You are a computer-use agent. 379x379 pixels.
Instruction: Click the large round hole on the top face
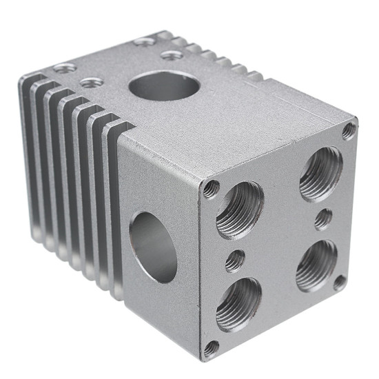click(x=163, y=87)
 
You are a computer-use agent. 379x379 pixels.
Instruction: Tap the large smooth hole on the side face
click(x=153, y=245)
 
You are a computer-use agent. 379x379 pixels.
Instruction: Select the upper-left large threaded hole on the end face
click(x=239, y=209)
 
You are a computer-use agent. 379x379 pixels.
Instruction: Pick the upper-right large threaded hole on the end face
click(x=320, y=172)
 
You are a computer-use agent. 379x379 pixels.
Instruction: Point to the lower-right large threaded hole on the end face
click(x=316, y=265)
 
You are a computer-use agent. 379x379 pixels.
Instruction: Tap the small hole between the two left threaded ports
click(x=235, y=260)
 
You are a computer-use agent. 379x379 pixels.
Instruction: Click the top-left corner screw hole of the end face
click(x=211, y=187)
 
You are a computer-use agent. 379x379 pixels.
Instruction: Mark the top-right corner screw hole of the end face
click(x=349, y=129)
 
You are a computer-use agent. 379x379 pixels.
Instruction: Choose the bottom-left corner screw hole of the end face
click(x=211, y=348)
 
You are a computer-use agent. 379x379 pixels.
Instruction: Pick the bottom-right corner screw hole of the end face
click(x=339, y=282)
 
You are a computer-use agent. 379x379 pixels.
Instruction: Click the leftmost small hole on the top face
click(x=65, y=68)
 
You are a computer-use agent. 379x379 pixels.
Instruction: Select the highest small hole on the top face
click(x=143, y=41)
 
